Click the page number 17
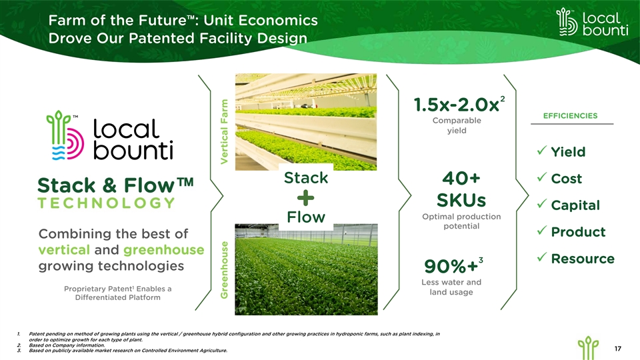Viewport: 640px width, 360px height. (x=617, y=349)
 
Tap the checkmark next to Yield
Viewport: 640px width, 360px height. (x=541, y=151)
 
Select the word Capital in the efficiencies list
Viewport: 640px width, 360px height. (x=575, y=205)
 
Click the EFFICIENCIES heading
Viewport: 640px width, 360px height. (x=570, y=116)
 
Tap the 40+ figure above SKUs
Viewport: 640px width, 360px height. (x=461, y=179)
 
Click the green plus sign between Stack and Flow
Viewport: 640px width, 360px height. (x=306, y=199)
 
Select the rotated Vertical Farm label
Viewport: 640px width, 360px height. (x=224, y=132)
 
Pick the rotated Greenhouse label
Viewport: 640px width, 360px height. (x=224, y=269)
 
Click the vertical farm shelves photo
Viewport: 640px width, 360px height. (x=306, y=122)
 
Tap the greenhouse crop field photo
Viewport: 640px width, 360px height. (x=306, y=269)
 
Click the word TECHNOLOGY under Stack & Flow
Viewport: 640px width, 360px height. (x=106, y=203)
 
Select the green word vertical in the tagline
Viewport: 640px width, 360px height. (x=64, y=250)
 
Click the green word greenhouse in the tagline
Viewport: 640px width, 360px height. (x=164, y=250)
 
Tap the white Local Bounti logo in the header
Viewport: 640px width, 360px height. (x=592, y=23)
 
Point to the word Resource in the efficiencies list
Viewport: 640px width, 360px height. (x=583, y=259)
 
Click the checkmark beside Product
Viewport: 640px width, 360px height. (x=541, y=231)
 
